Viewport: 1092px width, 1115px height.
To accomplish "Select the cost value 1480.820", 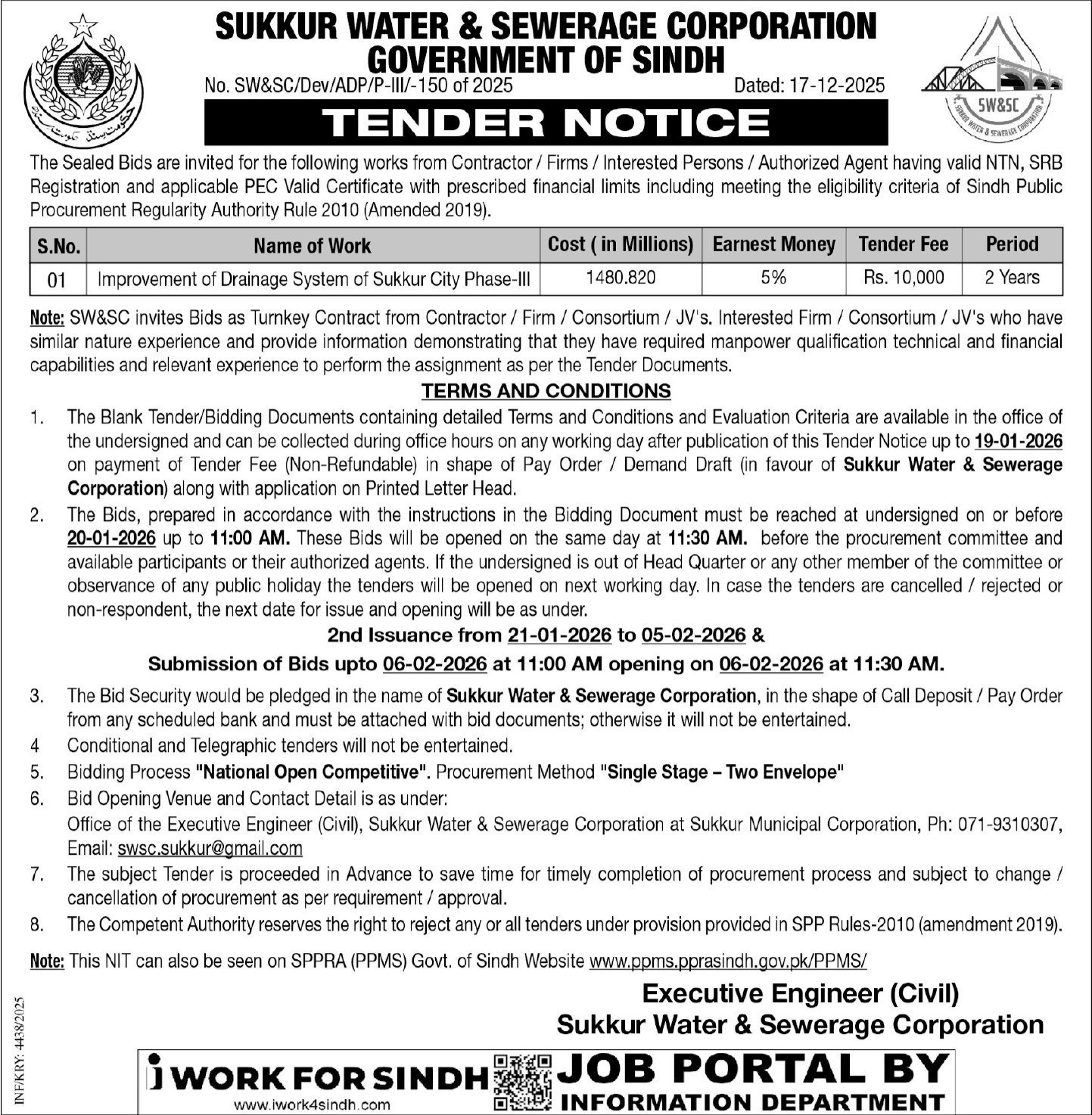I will click(621, 278).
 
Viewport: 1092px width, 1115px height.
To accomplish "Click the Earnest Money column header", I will click(773, 244).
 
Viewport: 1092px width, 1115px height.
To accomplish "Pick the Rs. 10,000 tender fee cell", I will click(904, 278).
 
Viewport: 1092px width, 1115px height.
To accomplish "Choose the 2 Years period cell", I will click(1012, 278).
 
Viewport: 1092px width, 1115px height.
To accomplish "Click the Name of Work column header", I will click(312, 246).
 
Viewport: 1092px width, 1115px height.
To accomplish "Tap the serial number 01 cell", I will click(57, 280).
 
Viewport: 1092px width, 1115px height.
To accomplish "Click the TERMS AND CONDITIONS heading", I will click(546, 390).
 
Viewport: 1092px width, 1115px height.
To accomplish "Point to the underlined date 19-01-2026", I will click(1018, 441).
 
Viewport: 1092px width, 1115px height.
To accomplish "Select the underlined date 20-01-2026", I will click(111, 539).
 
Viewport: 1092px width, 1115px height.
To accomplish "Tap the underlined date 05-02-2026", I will click(693, 635).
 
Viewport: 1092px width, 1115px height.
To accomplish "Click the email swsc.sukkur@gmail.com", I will click(210, 849).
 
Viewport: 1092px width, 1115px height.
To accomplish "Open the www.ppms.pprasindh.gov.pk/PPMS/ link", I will click(727, 961).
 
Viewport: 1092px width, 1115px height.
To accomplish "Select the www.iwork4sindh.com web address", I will click(312, 1104).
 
